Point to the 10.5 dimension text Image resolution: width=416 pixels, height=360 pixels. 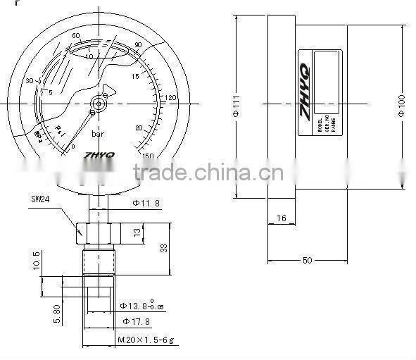point(37,263)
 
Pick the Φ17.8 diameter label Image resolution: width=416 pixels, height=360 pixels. point(135,321)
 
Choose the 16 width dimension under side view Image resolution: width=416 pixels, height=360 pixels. point(281,219)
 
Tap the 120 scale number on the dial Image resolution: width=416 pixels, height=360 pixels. point(170,97)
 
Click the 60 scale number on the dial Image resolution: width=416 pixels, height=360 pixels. point(76,35)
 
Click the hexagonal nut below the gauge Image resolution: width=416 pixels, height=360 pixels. point(97,230)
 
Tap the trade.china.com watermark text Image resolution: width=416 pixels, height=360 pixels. point(208,173)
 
